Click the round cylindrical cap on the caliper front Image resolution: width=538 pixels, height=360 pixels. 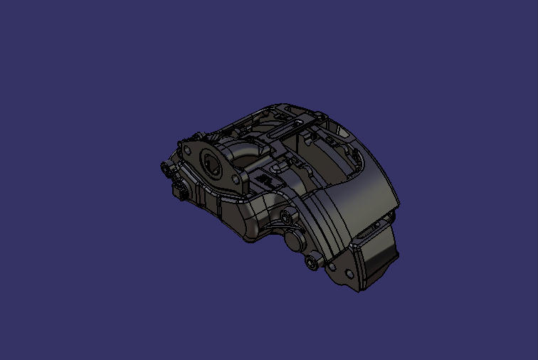point(294,239)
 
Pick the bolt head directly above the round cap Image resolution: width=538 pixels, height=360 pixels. point(286,216)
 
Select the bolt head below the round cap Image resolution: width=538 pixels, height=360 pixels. point(311,263)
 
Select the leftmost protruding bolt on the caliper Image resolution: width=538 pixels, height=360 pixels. point(165,168)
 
